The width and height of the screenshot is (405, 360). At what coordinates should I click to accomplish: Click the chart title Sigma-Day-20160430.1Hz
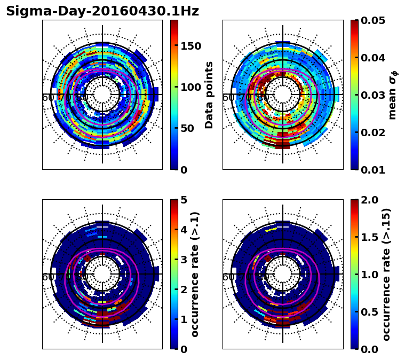102,11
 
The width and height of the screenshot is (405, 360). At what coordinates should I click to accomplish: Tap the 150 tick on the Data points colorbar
190,46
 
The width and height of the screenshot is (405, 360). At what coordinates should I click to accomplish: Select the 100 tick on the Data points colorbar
190,87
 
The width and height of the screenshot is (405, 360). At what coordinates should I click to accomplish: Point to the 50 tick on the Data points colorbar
188,129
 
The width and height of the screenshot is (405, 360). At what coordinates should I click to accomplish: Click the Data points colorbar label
209,95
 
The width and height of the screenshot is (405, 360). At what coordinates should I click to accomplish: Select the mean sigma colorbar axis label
393,95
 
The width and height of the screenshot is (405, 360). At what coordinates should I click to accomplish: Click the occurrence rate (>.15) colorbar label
386,275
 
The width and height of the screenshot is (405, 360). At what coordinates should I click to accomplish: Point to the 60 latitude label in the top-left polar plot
47,98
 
